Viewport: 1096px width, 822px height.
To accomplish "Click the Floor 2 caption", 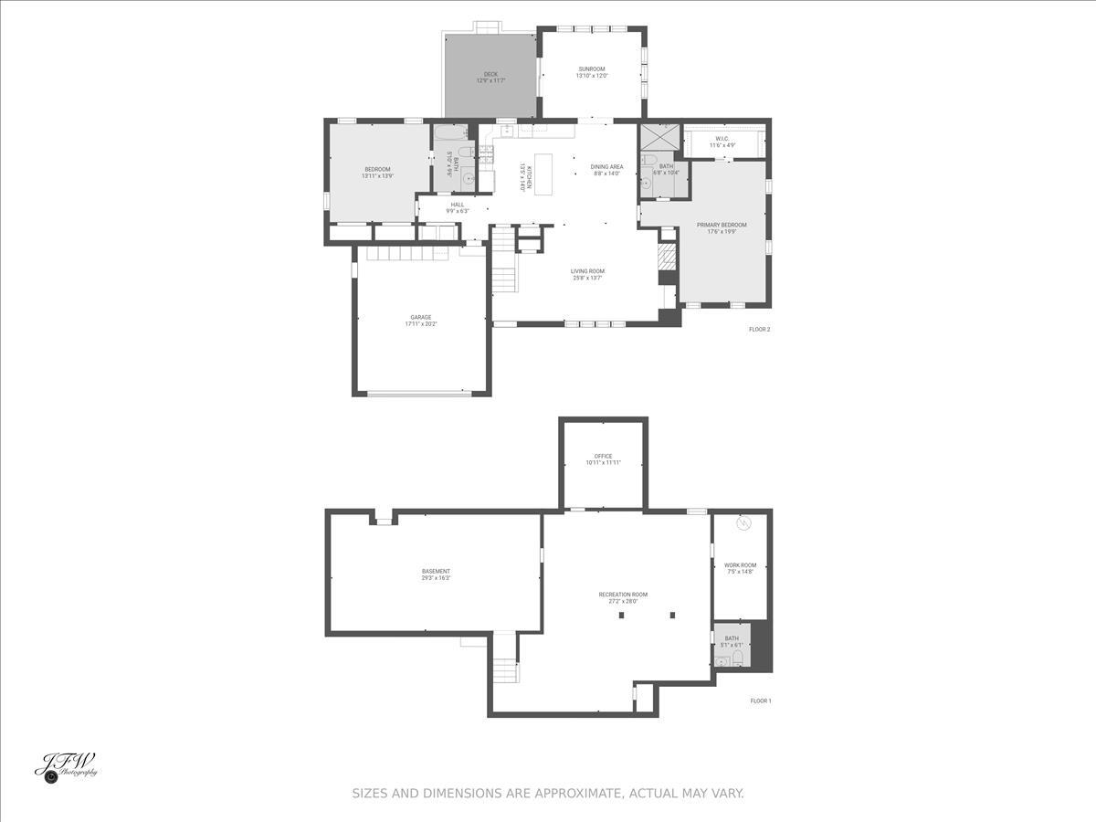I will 759,329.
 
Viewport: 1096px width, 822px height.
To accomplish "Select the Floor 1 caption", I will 761,701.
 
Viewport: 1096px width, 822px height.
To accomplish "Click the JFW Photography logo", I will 66,765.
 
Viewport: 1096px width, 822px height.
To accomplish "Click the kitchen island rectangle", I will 544,174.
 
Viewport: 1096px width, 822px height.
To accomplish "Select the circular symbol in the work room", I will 743,523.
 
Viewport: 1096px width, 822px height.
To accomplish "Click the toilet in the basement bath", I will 738,658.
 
